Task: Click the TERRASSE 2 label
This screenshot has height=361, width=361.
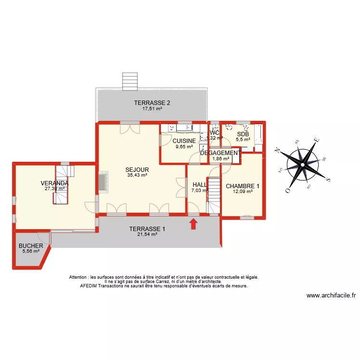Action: point(152,103)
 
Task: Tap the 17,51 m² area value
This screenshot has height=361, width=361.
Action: point(152,109)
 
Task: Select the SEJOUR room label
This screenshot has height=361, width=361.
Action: point(137,169)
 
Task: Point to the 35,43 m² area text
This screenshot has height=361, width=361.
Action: point(137,175)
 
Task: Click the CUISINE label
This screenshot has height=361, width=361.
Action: point(184,141)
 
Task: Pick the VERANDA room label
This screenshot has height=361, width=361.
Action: point(54,183)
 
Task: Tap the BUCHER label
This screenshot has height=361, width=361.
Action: point(31,246)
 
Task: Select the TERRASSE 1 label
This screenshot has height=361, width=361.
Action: point(147,229)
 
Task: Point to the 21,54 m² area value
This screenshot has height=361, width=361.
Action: point(147,234)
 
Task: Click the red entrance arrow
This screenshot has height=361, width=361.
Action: point(193,224)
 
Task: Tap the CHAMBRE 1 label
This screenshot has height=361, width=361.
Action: point(243,186)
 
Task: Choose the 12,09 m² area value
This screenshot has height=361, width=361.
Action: point(243,192)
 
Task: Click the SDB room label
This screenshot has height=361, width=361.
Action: point(243,134)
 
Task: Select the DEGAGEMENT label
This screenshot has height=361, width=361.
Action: point(219,153)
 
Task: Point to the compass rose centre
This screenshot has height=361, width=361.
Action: point(302,165)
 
